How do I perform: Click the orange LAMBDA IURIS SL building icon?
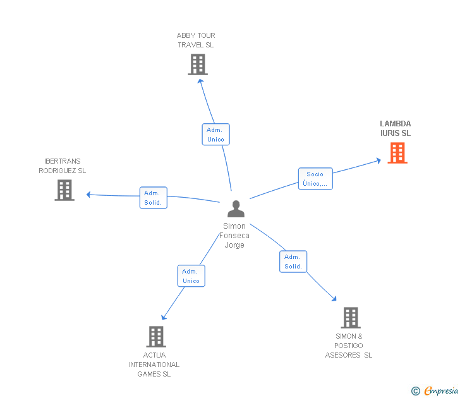click(397, 153)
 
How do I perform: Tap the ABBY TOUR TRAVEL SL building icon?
click(198, 64)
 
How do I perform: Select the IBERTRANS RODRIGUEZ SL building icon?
click(64, 190)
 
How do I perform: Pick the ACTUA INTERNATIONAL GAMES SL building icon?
click(156, 337)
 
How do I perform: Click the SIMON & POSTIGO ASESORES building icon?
click(351, 318)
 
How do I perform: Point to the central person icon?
click(236, 208)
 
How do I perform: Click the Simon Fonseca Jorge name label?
click(235, 236)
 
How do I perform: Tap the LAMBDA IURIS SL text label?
click(396, 128)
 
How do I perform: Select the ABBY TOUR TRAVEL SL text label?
click(196, 40)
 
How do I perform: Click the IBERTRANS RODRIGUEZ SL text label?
click(63, 166)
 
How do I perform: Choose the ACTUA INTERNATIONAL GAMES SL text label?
click(154, 365)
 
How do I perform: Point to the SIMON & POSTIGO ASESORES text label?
click(349, 346)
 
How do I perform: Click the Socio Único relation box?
click(315, 179)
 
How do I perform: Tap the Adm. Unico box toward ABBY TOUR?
click(215, 135)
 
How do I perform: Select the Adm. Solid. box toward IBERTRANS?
click(153, 198)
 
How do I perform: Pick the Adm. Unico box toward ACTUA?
click(191, 276)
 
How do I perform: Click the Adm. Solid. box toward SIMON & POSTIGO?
click(293, 262)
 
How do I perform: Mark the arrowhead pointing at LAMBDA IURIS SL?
click(378, 160)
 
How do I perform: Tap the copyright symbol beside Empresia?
click(416, 391)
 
